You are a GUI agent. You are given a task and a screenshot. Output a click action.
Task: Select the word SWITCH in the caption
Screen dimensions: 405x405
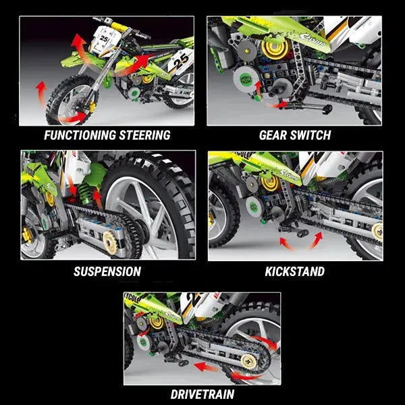point(312,135)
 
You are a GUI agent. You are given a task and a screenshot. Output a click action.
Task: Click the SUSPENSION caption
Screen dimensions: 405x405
point(107,272)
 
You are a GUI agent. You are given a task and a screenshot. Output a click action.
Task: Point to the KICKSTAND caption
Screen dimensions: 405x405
point(294,272)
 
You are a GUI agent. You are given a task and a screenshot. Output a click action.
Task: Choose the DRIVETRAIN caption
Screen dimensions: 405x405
point(202,394)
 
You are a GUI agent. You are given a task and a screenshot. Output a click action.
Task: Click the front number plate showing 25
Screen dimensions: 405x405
point(103,40)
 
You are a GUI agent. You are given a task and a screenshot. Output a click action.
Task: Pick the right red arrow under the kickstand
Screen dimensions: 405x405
point(314,240)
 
